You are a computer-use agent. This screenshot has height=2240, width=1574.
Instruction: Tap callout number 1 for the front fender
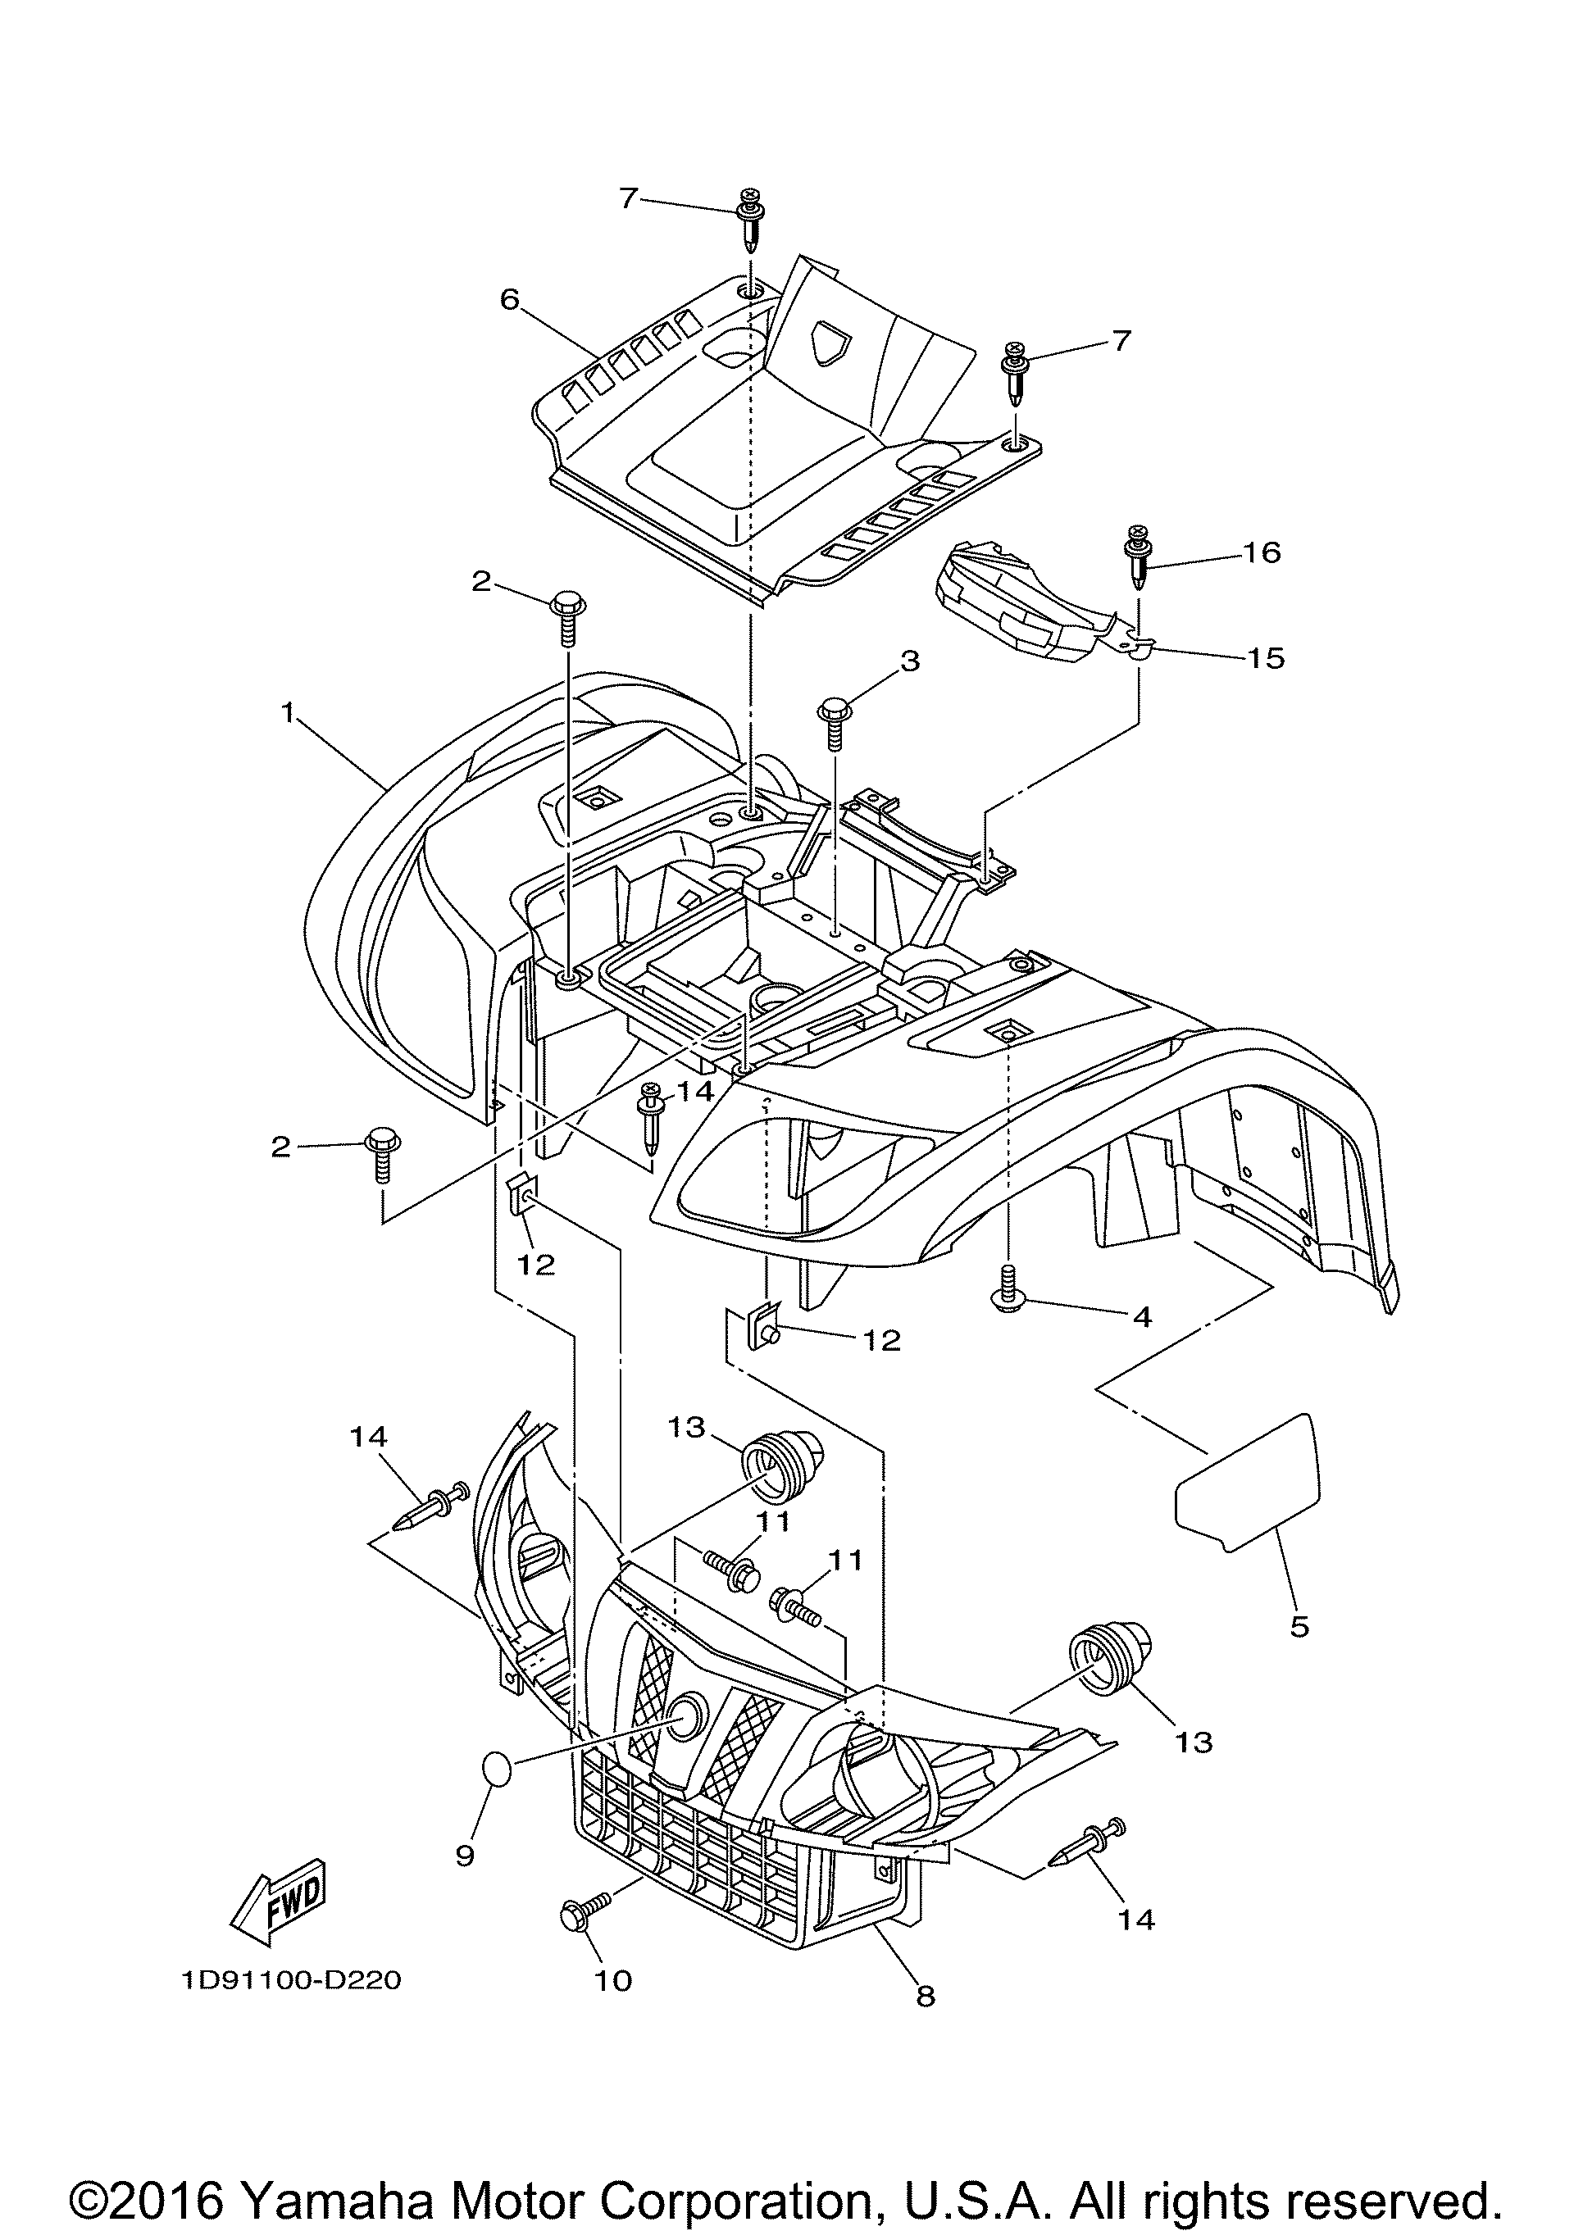coord(288,713)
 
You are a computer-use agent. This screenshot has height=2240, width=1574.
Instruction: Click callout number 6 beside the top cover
coord(509,299)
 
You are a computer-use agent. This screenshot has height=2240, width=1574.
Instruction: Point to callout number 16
coord(1262,552)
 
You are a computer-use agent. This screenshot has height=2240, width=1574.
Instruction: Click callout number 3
coord(909,661)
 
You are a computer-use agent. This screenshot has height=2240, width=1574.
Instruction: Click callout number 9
coord(466,1856)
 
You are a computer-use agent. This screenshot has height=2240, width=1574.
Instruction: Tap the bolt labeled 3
coord(835,723)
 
